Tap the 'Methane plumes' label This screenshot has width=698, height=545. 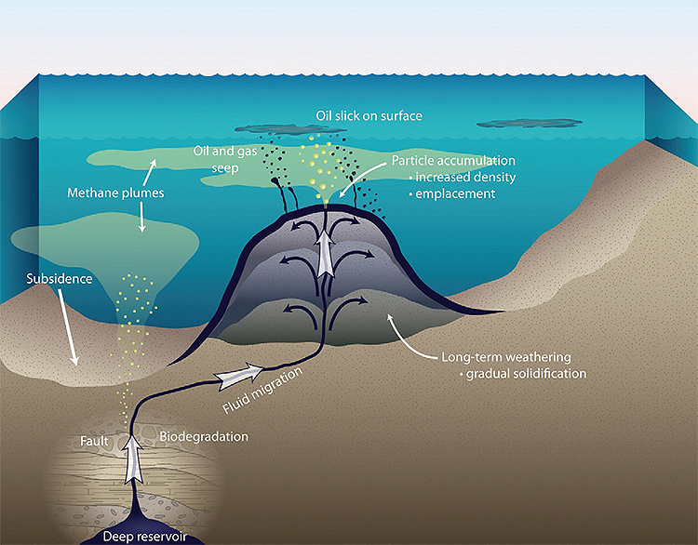pyautogui.click(x=114, y=194)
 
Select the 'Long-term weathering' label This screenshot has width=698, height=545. pyautogui.click(x=497, y=356)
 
